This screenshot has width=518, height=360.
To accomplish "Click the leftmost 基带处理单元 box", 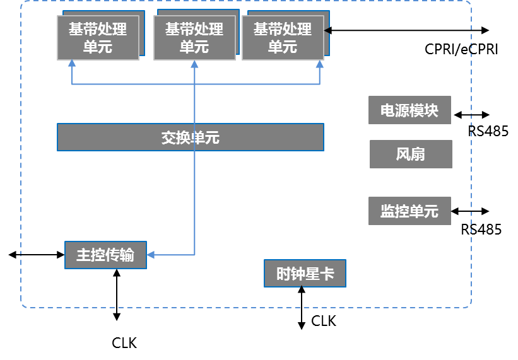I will (98, 38).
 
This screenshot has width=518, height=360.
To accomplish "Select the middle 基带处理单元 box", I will (194, 38).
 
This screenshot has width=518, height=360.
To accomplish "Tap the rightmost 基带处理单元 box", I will (283, 38).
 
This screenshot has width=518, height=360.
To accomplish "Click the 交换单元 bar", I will (190, 137).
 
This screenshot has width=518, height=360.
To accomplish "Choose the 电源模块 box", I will (409, 110).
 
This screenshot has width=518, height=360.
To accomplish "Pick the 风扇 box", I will (411, 154).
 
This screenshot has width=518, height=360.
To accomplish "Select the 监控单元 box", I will (409, 211).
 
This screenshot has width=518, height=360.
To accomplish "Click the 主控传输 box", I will (105, 255).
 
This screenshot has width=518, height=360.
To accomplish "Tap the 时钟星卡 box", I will (305, 274).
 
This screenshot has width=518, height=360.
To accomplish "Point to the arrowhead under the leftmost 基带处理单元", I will (72, 64).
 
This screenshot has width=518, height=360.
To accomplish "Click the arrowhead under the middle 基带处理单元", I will (194, 64).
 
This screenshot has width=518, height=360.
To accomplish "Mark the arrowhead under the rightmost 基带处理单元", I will (320, 64).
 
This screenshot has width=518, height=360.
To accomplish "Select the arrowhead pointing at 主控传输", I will (151, 255).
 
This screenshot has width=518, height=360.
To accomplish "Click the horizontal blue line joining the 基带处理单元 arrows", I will (132, 84).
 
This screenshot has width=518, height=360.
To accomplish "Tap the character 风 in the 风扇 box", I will (403, 154).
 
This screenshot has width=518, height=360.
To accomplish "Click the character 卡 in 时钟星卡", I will (327, 274).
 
